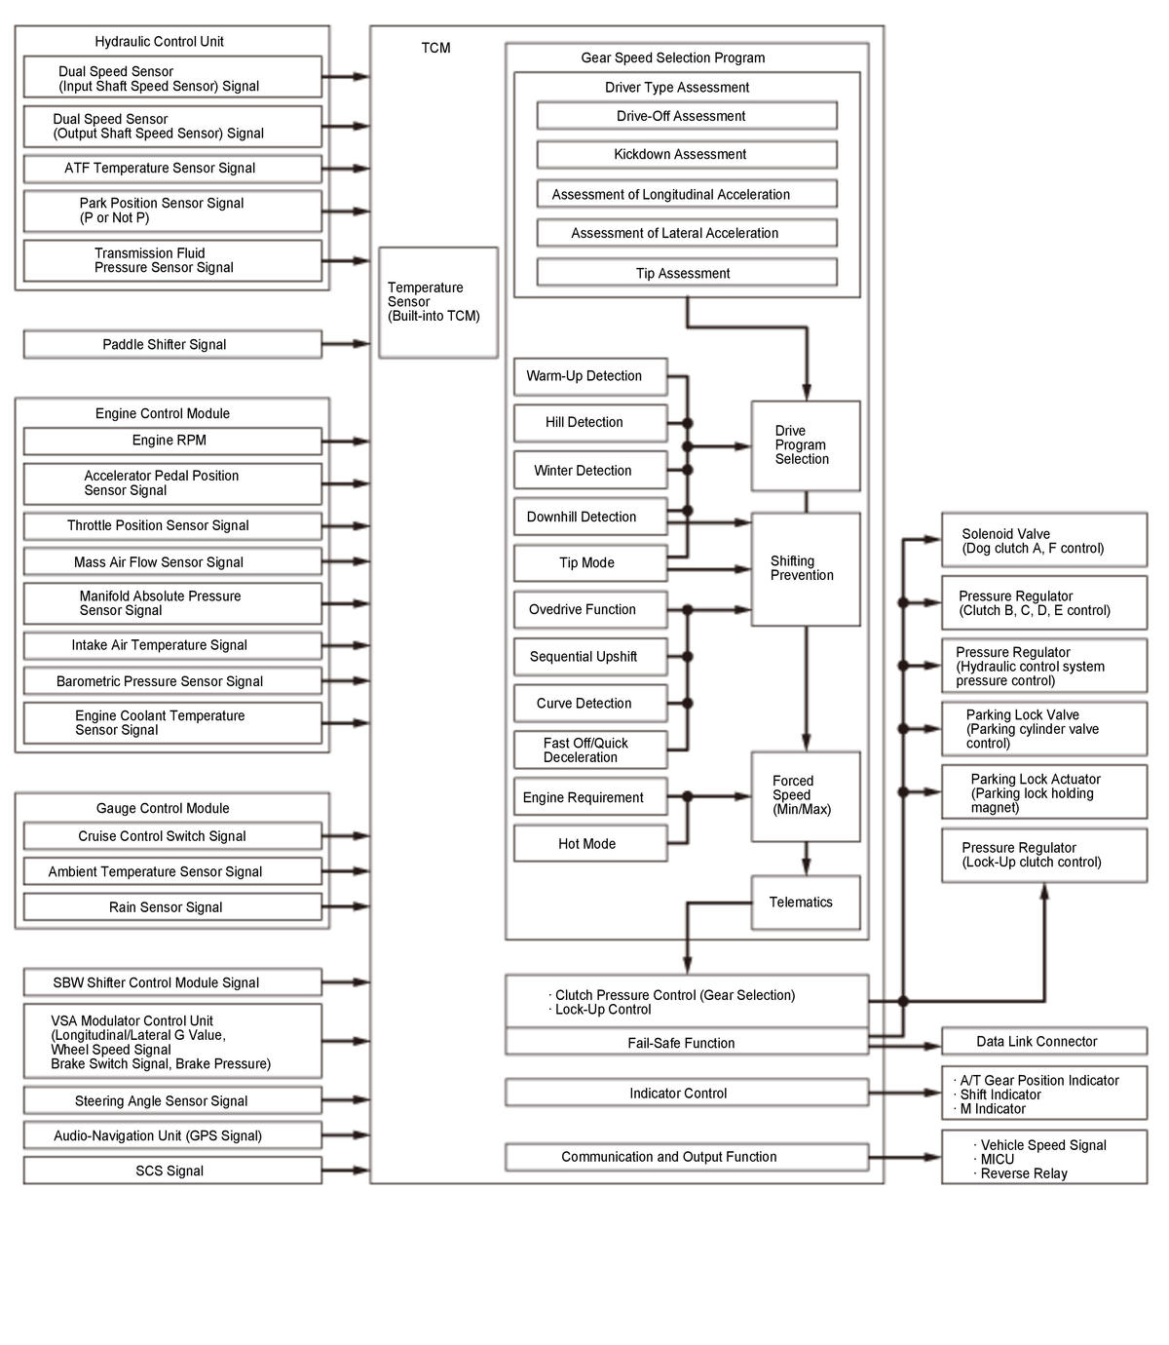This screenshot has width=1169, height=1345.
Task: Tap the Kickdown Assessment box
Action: tap(686, 154)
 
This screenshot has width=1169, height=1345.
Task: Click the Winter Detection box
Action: tap(590, 470)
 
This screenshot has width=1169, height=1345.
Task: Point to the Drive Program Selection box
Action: tap(805, 445)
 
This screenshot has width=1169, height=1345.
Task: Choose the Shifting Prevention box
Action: tap(805, 568)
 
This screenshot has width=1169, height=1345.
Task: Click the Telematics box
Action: tap(805, 903)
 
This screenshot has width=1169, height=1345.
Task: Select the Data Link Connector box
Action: tap(1043, 1041)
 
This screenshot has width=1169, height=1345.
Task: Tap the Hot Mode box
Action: tap(590, 844)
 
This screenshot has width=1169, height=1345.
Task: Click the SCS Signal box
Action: tap(172, 1171)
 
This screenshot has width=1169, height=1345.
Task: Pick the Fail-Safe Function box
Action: tap(686, 1043)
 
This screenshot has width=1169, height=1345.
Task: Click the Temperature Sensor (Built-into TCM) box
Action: tap(437, 302)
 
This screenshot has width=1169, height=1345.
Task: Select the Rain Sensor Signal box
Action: tap(172, 906)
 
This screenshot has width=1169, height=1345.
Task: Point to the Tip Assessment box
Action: tap(686, 273)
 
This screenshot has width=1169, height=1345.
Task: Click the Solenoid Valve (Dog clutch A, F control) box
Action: tap(1043, 541)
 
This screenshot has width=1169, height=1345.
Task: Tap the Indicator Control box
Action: tap(686, 1093)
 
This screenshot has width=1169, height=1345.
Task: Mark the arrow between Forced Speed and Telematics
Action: tap(806, 858)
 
